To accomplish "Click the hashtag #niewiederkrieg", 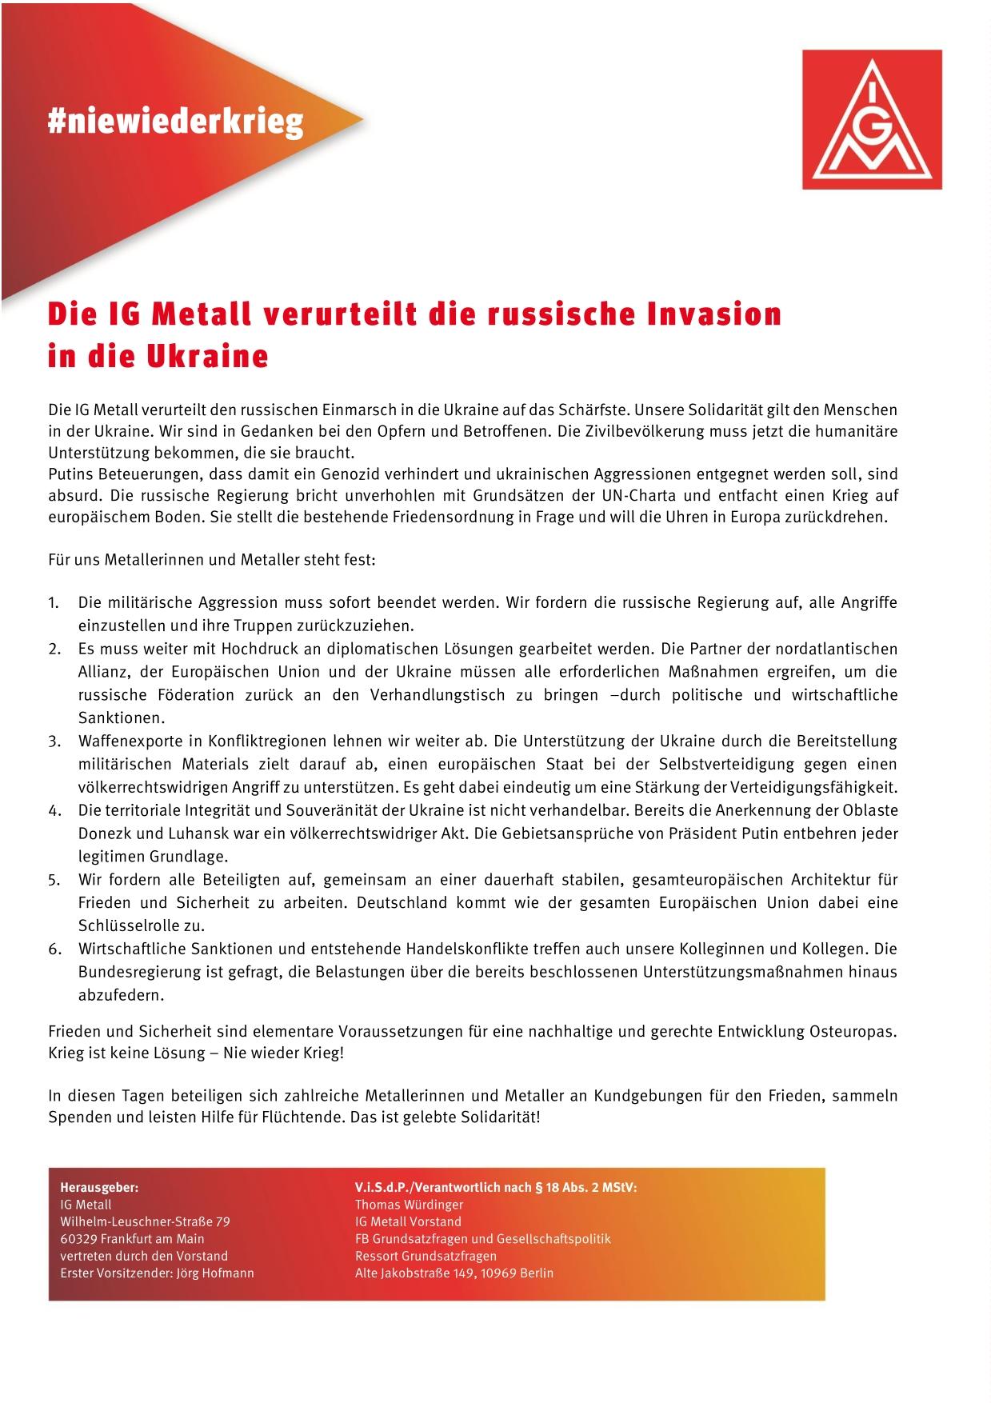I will coord(175,122).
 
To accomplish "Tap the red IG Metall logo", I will coord(872,119).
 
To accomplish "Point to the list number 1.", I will coord(53,603).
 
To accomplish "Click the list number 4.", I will coord(54,811).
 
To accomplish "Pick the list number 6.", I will coord(54,949).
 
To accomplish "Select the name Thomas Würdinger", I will coord(409,1205).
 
